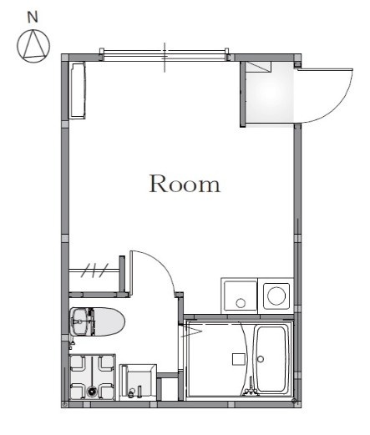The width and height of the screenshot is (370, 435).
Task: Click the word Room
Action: (x=185, y=184)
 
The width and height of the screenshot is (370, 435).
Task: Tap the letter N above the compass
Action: (x=33, y=18)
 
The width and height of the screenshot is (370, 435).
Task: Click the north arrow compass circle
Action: (x=33, y=46)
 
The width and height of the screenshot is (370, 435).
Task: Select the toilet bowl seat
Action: (x=109, y=321)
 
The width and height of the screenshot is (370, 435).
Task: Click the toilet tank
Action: (x=81, y=321)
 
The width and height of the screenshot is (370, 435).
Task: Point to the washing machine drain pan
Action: (x=92, y=377)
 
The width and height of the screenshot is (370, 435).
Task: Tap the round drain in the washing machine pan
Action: (x=91, y=392)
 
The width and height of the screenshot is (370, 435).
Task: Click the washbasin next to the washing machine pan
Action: (x=138, y=382)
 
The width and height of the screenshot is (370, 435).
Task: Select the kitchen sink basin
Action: (x=241, y=296)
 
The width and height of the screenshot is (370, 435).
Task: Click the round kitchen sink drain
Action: (x=241, y=303)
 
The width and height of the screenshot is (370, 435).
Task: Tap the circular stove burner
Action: (x=276, y=296)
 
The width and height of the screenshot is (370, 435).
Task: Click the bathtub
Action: (x=271, y=359)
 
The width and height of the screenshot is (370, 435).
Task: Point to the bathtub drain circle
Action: (x=261, y=359)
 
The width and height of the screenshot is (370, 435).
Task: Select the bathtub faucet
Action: (x=251, y=387)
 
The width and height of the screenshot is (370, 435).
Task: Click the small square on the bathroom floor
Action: (x=239, y=359)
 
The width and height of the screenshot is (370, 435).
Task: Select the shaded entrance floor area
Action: (x=270, y=93)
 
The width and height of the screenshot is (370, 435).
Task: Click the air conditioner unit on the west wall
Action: (x=77, y=91)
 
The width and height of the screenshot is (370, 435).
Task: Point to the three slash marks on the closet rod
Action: (x=94, y=271)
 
